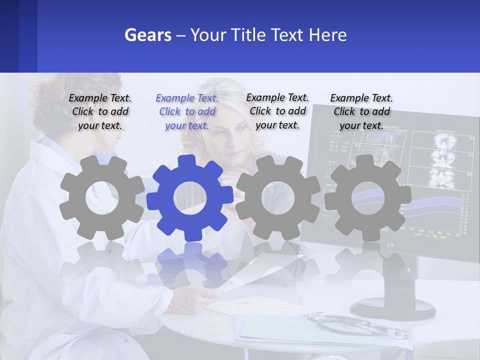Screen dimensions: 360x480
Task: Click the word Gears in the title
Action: (147, 35)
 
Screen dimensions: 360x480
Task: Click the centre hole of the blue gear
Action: (190, 198)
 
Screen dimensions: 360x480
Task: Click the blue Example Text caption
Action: (187, 111)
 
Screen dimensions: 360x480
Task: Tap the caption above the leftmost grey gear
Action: (100, 111)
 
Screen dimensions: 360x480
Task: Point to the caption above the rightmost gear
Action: (361, 111)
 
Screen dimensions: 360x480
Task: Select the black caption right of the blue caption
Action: (277, 111)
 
